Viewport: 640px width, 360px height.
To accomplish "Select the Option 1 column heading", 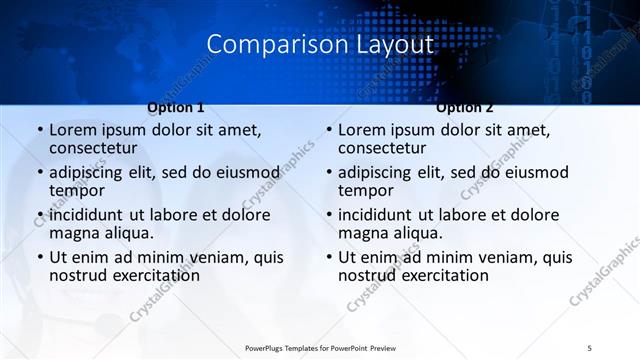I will (x=175, y=107).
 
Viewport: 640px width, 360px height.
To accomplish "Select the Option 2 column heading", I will (x=465, y=107).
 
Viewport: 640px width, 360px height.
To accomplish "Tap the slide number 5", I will (x=590, y=346).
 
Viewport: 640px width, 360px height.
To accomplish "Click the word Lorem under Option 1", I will (x=75, y=130).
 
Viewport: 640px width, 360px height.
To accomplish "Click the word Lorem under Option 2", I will (x=364, y=130).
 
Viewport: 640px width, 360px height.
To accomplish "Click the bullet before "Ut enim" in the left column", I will (x=39, y=258).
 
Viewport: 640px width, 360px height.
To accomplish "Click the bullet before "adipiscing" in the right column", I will (x=328, y=173).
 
